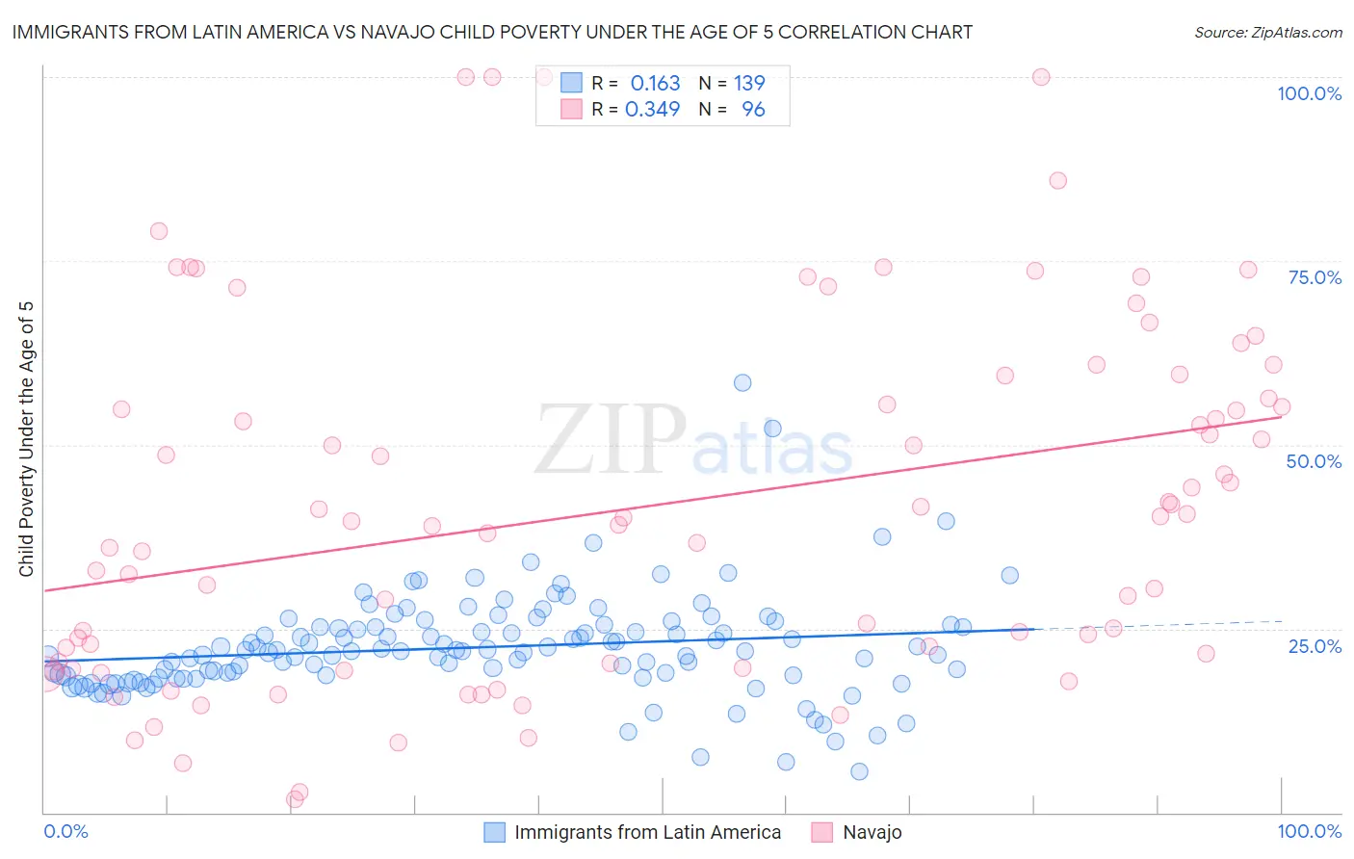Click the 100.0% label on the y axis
tap(1309, 93)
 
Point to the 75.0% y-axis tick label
tap(1315, 277)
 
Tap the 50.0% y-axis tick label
tap(1314, 461)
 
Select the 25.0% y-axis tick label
tap(1315, 645)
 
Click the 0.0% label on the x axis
tap(65, 831)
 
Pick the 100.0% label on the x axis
tap(1309, 831)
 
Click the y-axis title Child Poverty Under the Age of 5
tap(26, 438)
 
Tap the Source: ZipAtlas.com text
tap(1267, 32)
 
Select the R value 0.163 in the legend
tap(655, 84)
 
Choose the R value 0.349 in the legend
tap(653, 110)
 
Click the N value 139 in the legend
tap(749, 84)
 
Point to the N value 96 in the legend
tap(753, 110)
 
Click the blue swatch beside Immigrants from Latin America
tap(494, 832)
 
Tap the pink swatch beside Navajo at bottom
tap(821, 832)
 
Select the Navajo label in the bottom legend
tap(872, 832)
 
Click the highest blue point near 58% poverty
tap(742, 382)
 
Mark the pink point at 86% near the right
tap(1057, 180)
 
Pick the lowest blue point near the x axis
tap(859, 771)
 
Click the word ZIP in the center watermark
tap(610, 440)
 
